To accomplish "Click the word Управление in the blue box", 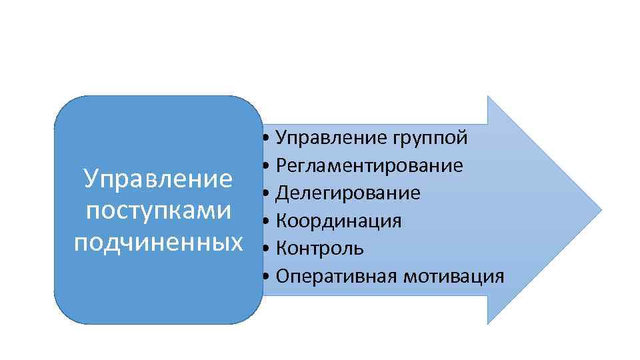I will click(x=158, y=179).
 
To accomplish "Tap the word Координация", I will click(x=339, y=221).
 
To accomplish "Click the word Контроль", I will click(x=320, y=248).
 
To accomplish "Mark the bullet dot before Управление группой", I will click(x=266, y=139).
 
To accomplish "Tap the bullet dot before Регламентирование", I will click(x=266, y=166).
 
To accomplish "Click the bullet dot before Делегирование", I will click(x=266, y=194).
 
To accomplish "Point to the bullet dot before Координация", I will click(x=266, y=221).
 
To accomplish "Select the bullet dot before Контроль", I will click(x=266, y=249).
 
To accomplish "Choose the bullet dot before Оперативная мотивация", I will click(x=266, y=276).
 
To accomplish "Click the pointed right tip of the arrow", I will click(x=601, y=210).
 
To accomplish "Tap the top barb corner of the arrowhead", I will click(x=489, y=97).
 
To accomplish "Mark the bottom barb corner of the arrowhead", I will click(x=489, y=323).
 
